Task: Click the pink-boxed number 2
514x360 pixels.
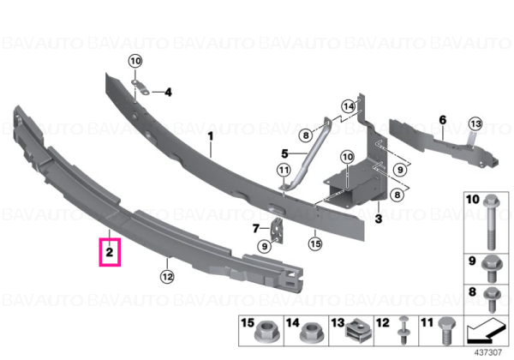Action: point(110,252)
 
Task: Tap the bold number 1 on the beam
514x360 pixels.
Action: point(211,136)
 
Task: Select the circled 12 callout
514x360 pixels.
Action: point(167,277)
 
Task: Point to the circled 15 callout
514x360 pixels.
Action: point(315,243)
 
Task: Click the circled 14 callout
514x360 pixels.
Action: point(349,106)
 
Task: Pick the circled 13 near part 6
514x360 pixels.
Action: point(475,124)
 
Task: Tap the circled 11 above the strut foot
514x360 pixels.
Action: point(284,171)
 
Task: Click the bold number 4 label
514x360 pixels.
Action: point(168,93)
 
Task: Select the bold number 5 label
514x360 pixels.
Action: point(284,153)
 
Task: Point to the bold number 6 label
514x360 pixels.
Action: point(443,120)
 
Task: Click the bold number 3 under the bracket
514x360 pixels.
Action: point(379,219)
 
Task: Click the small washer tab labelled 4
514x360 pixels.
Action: point(140,87)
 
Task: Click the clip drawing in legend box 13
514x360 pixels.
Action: point(356,333)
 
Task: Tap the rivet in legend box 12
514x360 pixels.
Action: point(403,330)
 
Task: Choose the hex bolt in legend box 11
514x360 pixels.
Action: point(447,331)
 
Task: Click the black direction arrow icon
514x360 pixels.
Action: point(486,331)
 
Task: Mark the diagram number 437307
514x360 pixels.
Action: point(488,352)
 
